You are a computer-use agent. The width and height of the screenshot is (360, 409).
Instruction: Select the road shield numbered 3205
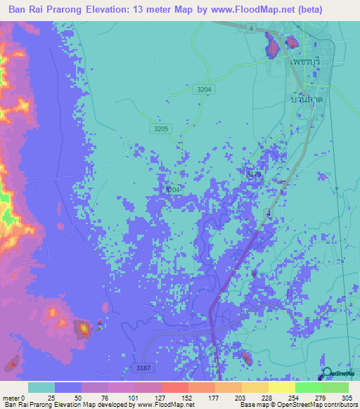[x=161, y=129]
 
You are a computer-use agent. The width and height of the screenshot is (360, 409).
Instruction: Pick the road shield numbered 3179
[x=255, y=173]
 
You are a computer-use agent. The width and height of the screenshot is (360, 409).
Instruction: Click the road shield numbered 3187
[x=142, y=367]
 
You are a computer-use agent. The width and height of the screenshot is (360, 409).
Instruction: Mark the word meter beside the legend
[x=8, y=398]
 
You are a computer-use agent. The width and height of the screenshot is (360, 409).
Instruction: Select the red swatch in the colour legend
[x=174, y=387]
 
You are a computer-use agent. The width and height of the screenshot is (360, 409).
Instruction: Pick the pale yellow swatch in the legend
[x=281, y=387]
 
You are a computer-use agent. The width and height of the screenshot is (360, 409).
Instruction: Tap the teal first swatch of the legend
[x=41, y=387]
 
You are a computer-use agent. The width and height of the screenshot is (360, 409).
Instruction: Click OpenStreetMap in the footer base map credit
[x=285, y=405]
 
